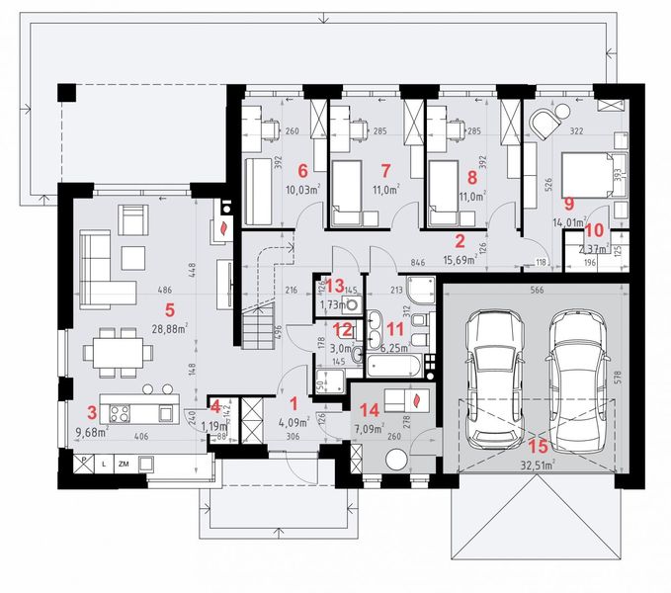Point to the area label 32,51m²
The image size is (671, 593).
[x=538, y=462]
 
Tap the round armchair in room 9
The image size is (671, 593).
[x=545, y=123]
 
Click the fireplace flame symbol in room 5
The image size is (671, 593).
[x=226, y=226]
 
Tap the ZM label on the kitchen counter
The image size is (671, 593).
[x=124, y=462]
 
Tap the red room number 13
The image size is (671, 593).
[x=336, y=285]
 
